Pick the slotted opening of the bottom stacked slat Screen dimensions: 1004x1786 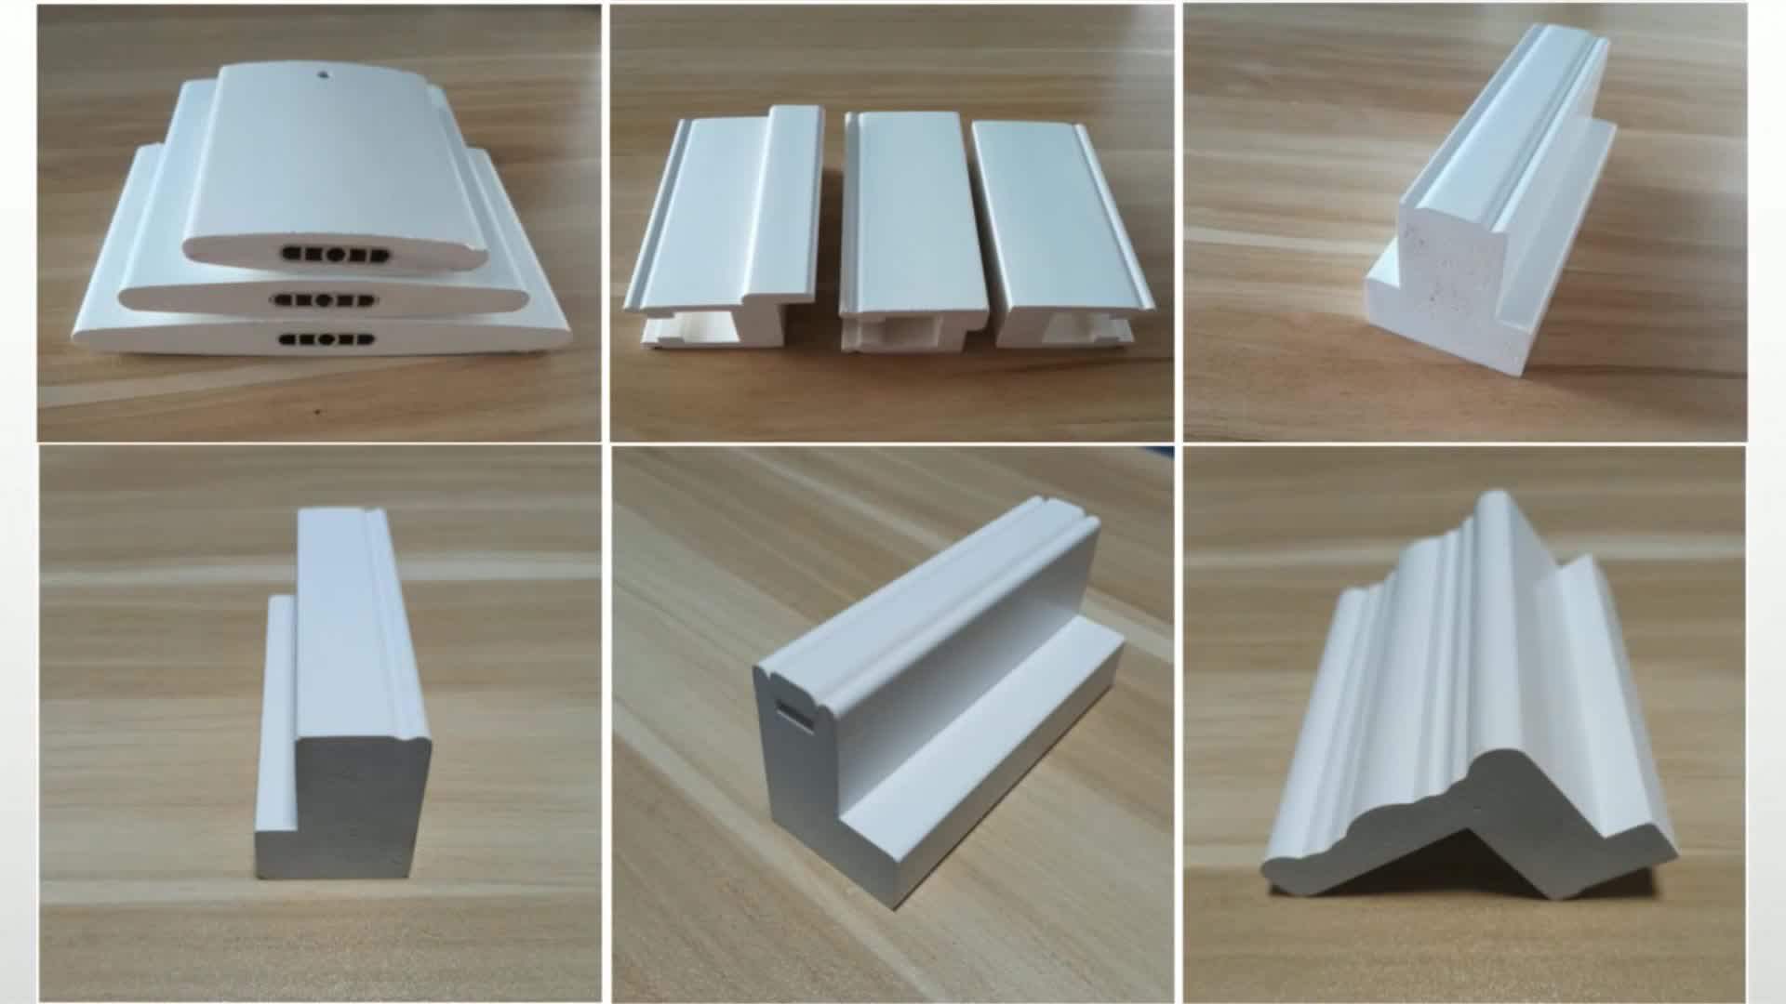[328, 339]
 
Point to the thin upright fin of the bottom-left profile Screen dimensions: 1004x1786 [276, 725]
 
